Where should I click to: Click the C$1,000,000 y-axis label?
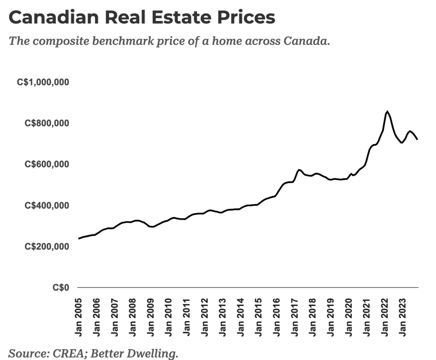43,82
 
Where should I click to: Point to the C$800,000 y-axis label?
46,123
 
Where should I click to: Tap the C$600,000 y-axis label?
46,164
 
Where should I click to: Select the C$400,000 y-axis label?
46,205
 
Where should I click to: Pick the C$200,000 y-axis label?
46,247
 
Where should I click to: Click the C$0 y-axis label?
61,288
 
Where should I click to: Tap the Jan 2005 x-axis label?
78,317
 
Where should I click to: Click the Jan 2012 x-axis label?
205,317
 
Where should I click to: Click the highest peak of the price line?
387,111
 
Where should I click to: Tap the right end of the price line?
417,139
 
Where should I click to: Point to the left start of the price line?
79,239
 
